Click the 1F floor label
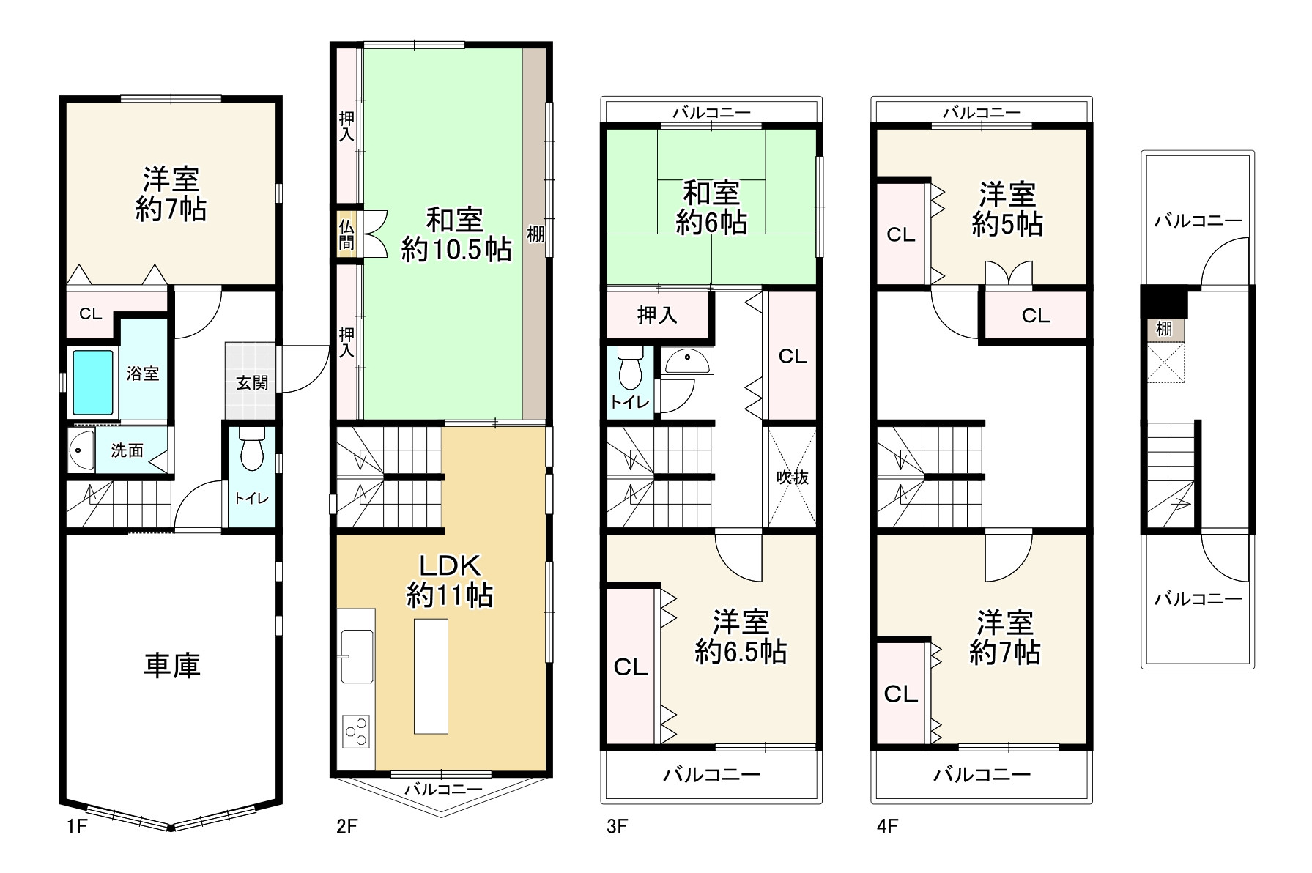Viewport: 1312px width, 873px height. point(76,827)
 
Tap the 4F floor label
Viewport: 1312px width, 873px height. point(887,827)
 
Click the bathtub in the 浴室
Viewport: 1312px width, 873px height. point(93,382)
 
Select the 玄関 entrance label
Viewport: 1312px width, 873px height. point(252,382)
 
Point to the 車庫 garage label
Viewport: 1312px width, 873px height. point(172,666)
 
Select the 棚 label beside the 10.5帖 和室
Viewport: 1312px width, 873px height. point(535,234)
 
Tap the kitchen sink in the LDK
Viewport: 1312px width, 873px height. point(357,656)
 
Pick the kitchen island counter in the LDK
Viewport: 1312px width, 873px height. point(431,676)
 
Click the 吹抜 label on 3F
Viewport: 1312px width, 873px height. point(793,477)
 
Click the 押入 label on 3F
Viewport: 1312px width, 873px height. point(657,315)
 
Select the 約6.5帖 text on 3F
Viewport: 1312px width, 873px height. point(741,651)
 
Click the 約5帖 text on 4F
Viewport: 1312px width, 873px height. point(1007,224)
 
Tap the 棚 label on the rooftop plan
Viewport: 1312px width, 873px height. point(1164,328)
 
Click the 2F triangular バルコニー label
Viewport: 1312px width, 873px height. point(443,789)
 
